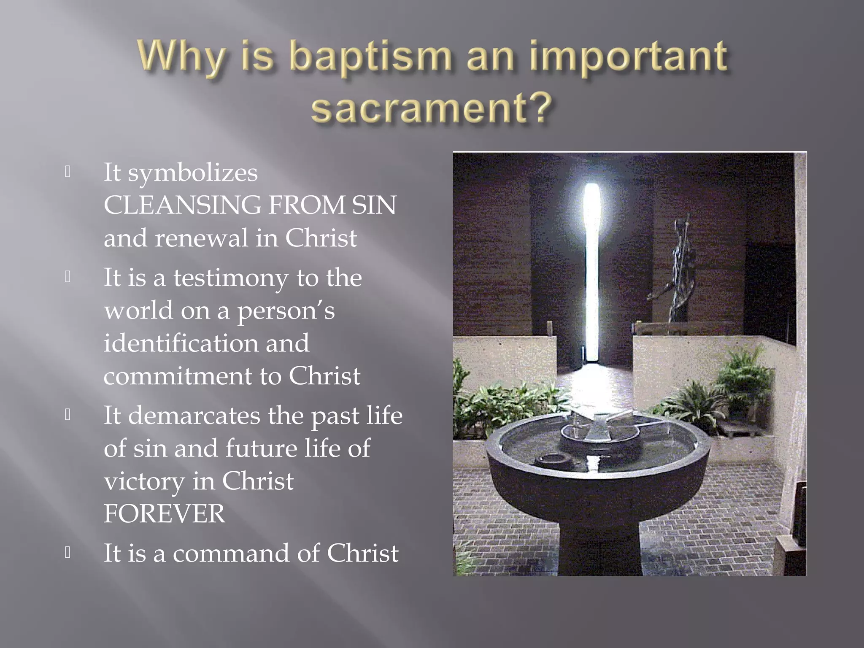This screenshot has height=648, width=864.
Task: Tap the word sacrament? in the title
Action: click(431, 107)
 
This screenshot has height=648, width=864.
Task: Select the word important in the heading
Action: click(628, 58)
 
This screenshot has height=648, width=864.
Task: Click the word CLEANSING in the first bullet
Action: click(182, 205)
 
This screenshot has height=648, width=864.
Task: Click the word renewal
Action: click(202, 238)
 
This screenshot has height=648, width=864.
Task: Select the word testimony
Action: click(231, 278)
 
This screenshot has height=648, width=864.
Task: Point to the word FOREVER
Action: click(165, 514)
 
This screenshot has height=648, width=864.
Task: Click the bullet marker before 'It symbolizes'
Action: click(67, 171)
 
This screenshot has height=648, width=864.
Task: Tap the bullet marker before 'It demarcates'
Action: click(67, 415)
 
